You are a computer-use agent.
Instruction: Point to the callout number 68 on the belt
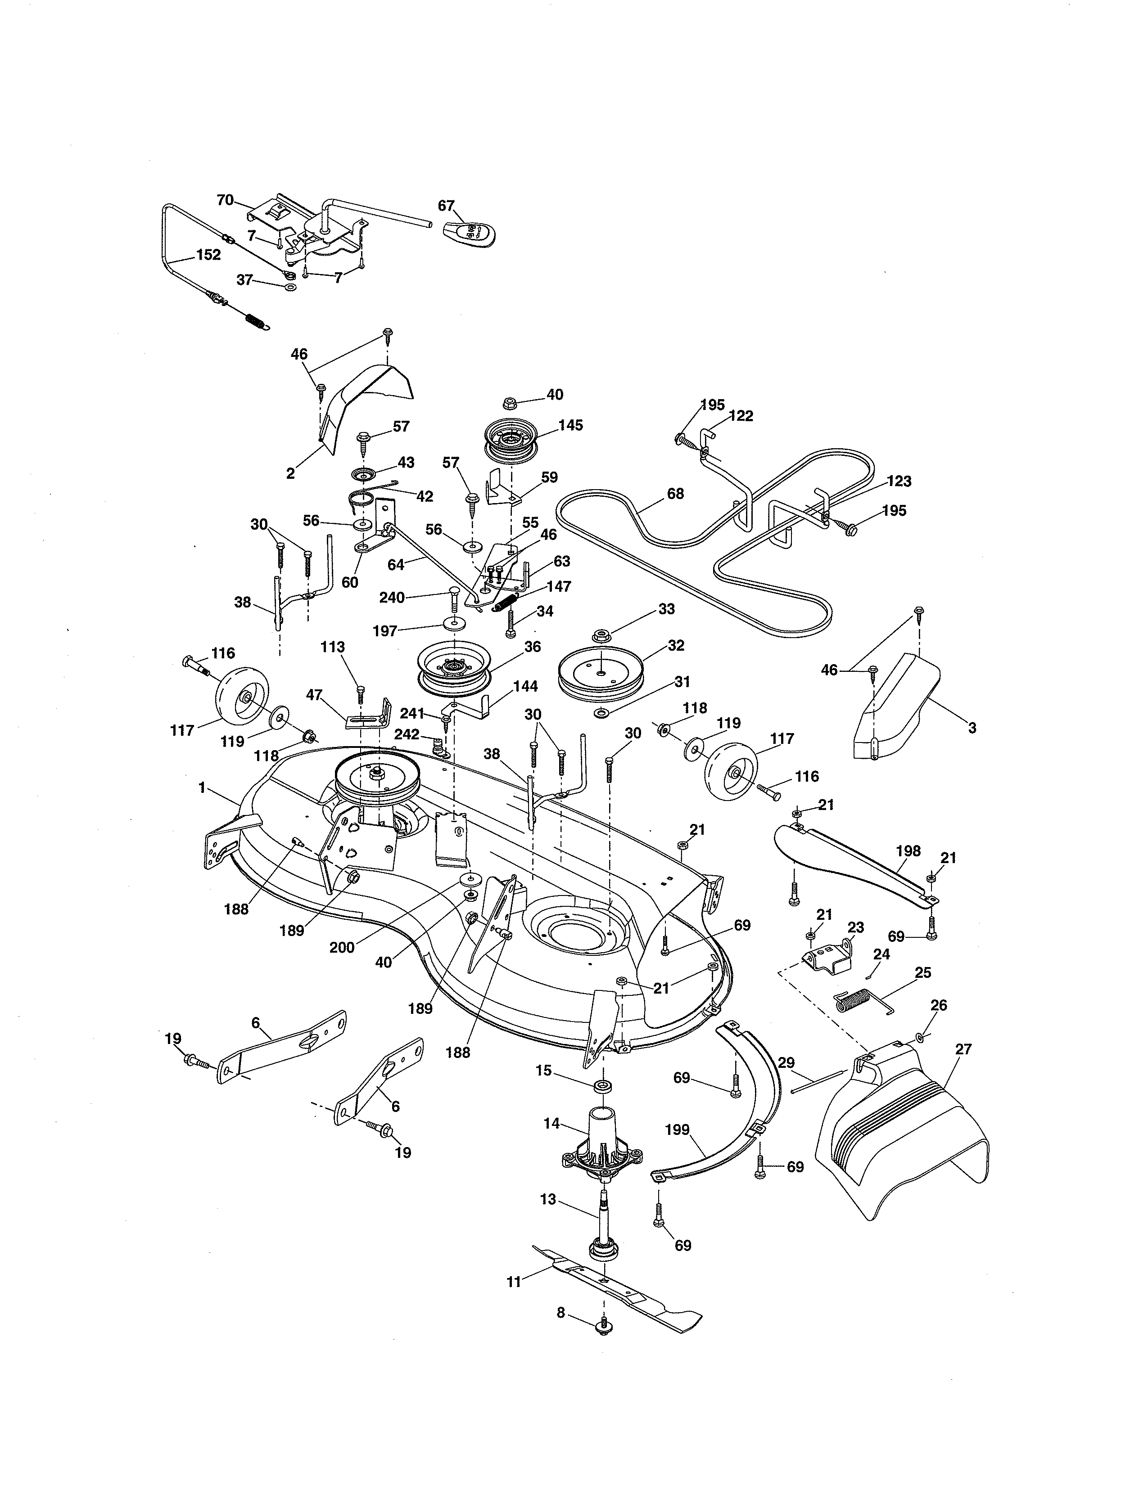tap(675, 494)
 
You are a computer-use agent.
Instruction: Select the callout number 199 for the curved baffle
tap(677, 1129)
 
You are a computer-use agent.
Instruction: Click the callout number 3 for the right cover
tap(972, 728)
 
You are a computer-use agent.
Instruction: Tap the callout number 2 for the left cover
tap(290, 473)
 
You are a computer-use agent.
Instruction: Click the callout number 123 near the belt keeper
tap(899, 481)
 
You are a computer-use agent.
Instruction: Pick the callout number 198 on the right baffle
tap(908, 850)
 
